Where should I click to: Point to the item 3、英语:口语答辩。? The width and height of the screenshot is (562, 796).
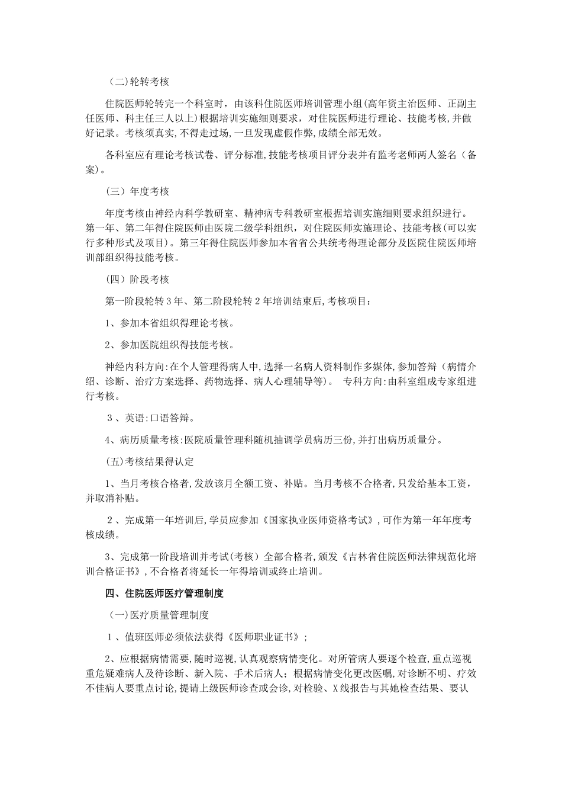click(150, 418)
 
